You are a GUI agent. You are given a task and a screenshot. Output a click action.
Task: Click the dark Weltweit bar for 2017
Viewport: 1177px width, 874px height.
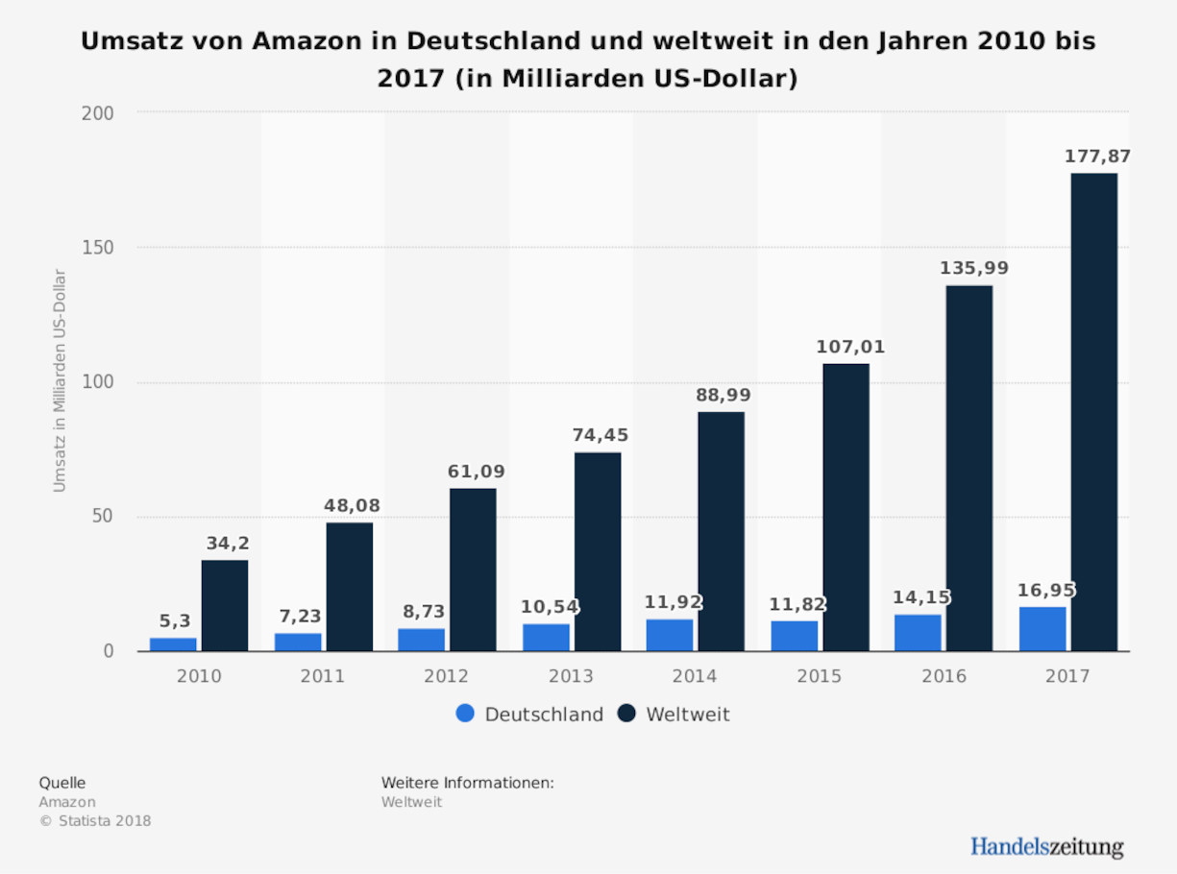[1093, 413]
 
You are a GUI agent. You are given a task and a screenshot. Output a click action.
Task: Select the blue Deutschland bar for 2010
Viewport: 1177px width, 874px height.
[173, 644]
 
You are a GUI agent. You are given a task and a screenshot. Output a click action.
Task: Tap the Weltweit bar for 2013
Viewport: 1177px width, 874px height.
[598, 552]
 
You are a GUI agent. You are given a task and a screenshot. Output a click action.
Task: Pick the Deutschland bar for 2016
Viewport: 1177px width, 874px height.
[918, 633]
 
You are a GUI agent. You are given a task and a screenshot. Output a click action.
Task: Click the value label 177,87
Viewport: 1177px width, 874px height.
[1097, 156]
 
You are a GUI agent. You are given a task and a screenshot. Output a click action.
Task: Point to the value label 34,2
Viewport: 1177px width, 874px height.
[228, 544]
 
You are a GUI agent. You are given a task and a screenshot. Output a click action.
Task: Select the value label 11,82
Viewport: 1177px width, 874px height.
[797, 604]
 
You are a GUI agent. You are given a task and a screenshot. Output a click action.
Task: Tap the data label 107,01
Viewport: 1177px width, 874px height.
[850, 347]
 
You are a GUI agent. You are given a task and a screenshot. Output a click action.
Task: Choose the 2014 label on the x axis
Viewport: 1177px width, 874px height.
[695, 676]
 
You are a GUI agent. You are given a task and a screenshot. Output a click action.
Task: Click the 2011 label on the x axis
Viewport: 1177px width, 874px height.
[323, 676]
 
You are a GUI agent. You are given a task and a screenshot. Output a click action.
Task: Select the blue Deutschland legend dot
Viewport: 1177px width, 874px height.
[465, 714]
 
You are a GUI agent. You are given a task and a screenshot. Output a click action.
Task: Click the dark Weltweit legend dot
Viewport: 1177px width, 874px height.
[626, 714]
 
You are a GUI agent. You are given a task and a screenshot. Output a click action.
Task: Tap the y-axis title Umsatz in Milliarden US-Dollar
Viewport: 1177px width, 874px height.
[60, 381]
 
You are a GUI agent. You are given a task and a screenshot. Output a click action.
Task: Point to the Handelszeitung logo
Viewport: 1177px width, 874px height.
[1046, 846]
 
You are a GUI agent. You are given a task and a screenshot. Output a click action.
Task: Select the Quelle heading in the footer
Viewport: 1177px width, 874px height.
[61, 783]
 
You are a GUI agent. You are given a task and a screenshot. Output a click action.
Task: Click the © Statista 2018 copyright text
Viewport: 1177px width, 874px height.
[95, 820]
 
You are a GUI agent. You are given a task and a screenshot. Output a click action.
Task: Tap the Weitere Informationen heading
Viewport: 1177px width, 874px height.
[467, 783]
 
